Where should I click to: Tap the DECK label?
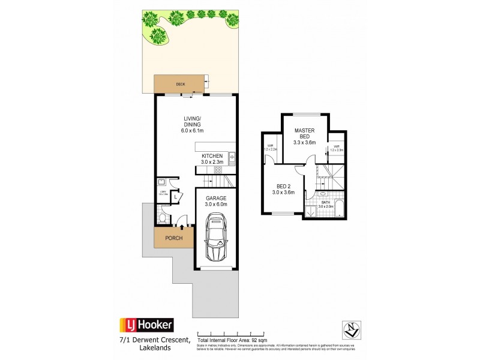tap(179, 85)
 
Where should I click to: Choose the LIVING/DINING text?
tap(195, 122)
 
